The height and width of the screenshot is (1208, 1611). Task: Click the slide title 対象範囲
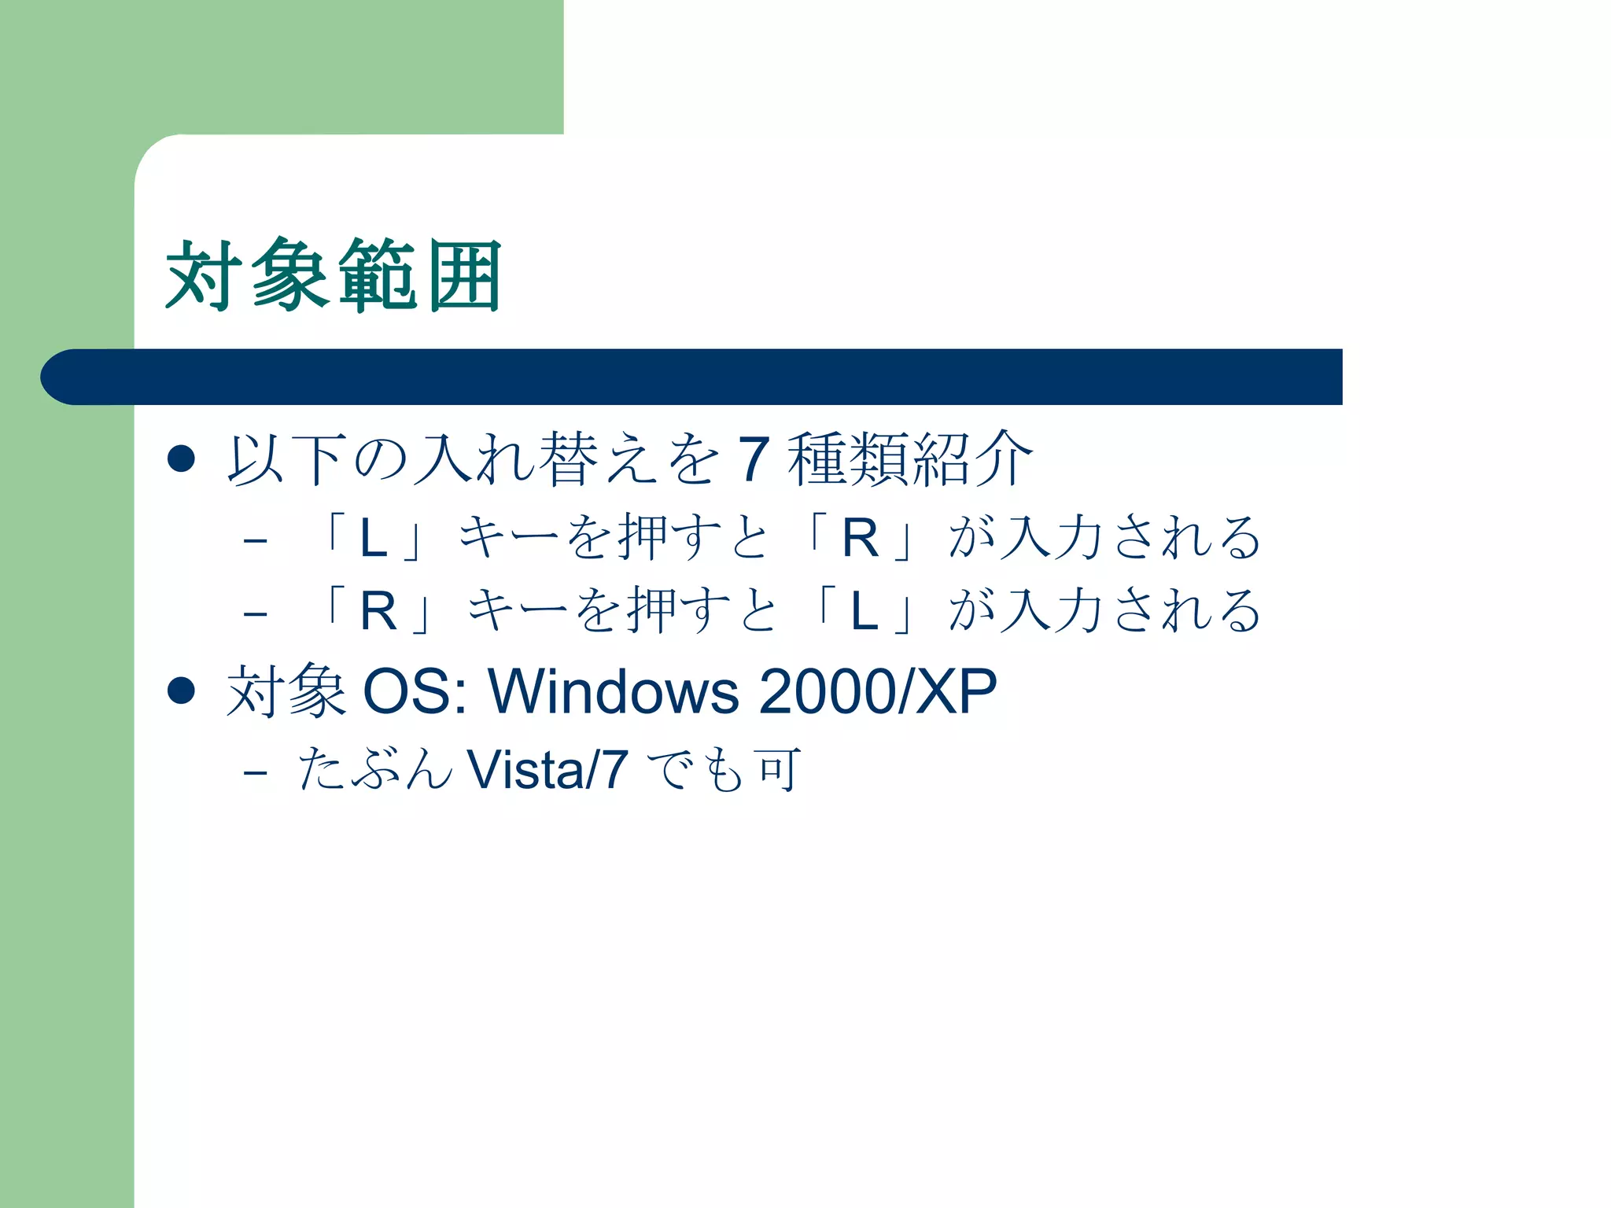tap(334, 276)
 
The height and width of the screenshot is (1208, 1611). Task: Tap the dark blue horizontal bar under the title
tap(692, 377)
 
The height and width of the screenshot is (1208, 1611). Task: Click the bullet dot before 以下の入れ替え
tap(182, 459)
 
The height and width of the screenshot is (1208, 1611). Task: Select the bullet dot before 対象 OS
tap(182, 691)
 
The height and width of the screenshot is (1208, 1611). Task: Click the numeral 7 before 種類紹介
tap(753, 459)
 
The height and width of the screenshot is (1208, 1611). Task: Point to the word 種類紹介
tap(909, 459)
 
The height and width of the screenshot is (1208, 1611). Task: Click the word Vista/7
tap(547, 770)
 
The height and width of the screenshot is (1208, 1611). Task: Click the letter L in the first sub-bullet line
tap(374, 540)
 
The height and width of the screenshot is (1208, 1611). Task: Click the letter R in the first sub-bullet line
tap(860, 540)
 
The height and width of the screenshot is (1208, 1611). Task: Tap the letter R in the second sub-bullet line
tap(378, 612)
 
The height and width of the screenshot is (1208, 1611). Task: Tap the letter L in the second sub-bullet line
tap(864, 612)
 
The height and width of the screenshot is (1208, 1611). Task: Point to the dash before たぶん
tap(256, 772)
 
